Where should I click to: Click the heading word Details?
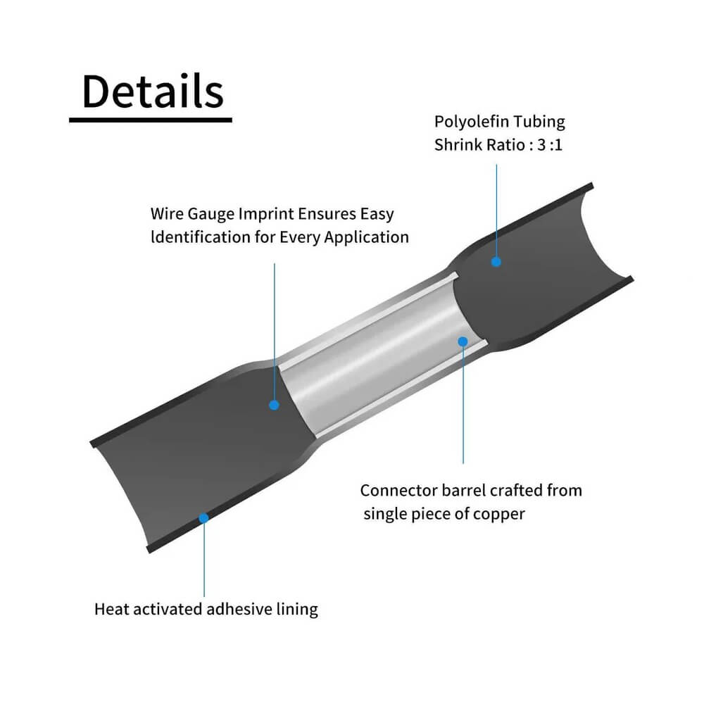coord(153,92)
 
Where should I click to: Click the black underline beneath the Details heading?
coord(151,120)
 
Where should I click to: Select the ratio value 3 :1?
coord(549,145)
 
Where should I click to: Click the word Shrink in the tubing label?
coord(456,145)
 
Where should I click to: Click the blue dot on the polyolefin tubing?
coord(496,262)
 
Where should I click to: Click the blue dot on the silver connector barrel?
coord(463,341)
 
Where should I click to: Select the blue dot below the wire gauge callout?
coord(275,405)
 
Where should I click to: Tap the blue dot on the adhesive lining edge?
coord(204,518)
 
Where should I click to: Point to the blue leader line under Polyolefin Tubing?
coord(496,211)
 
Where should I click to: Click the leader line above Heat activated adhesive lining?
coord(204,560)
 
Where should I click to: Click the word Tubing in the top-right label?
coord(539,122)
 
